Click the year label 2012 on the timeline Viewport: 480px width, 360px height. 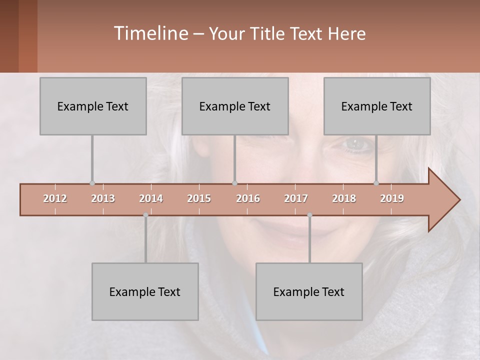(55, 198)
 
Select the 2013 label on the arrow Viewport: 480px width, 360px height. (103, 198)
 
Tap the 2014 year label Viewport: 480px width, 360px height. (151, 198)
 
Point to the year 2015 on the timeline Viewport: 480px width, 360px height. (199, 198)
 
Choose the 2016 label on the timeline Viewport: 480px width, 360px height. (248, 198)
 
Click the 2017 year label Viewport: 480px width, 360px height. (296, 198)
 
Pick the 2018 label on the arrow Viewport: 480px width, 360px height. (344, 198)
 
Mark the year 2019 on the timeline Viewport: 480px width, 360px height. (392, 198)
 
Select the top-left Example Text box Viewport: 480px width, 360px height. (93, 106)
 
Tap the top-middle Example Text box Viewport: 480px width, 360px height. (235, 106)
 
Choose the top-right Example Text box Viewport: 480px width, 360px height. (377, 106)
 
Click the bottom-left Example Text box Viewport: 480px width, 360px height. (145, 291)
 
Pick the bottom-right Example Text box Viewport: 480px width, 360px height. (309, 291)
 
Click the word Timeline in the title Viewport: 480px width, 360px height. (150, 33)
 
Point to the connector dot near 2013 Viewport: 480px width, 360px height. (92, 183)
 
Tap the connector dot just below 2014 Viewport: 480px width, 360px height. (145, 215)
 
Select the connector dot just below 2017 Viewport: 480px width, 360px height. (309, 215)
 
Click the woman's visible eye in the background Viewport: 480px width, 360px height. (356, 144)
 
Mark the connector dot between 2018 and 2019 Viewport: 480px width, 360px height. (376, 183)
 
